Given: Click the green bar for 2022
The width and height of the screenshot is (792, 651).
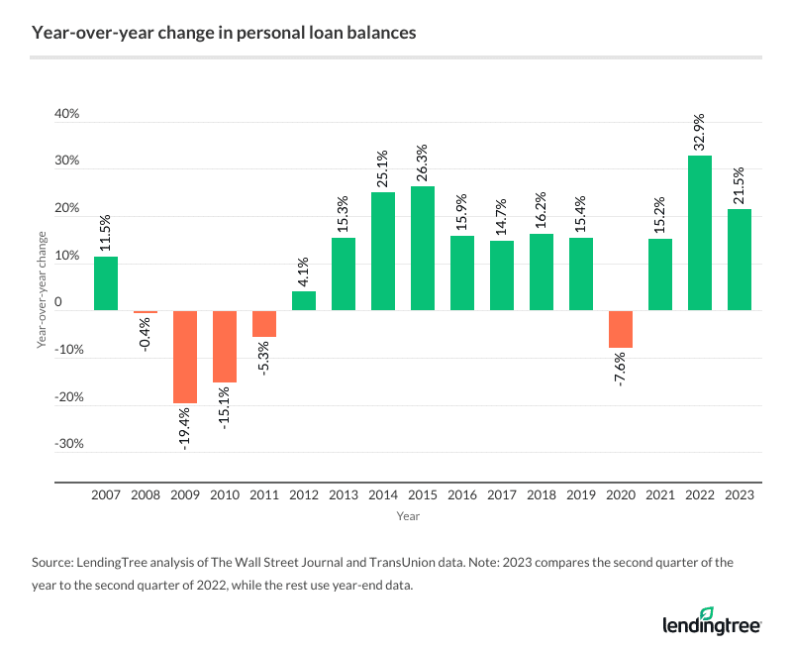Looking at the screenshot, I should point(699,233).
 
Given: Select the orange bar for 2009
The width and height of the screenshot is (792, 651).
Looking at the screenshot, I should point(185,357).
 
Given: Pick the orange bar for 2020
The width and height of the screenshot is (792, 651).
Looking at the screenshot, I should point(621,329).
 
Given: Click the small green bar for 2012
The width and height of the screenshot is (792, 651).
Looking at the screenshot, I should point(304,300).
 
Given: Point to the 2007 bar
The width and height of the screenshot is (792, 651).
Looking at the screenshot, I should point(106,283).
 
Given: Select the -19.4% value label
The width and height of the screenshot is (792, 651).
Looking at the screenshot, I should point(185,427).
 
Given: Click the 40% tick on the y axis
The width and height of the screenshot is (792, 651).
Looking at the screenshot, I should point(66,114).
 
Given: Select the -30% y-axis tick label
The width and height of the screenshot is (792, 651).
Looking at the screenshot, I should point(64,444).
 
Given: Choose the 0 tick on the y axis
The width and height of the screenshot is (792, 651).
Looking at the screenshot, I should point(71,302).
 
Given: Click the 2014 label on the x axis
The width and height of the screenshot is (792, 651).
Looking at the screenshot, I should point(383,492).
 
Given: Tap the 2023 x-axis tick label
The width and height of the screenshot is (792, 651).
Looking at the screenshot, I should point(740,492).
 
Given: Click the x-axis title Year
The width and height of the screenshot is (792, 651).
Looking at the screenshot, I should point(408,516).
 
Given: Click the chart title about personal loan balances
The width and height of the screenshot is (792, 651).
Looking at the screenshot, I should point(224,33).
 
